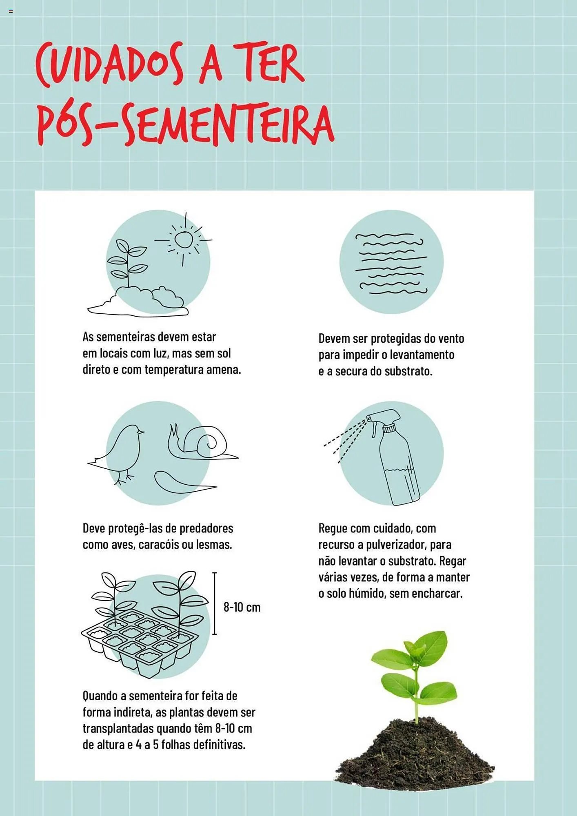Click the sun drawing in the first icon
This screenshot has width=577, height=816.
184,239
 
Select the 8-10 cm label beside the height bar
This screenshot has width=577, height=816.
242,607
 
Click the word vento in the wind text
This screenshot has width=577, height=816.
451,339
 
